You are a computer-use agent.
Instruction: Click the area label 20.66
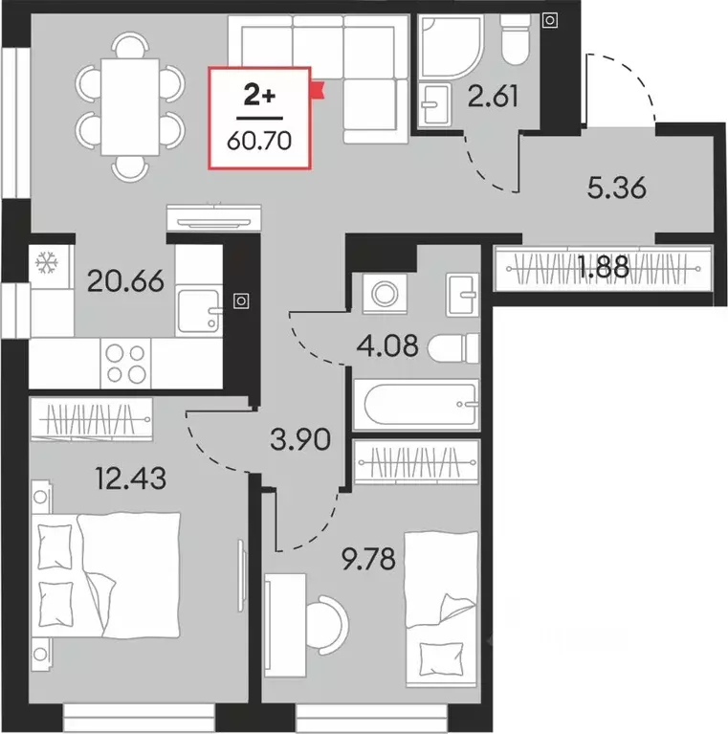coord(125,281)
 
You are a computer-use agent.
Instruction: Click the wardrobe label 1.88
coord(603,267)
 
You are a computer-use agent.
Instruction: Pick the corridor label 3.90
coord(300,439)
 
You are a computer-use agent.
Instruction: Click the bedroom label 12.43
coord(131,476)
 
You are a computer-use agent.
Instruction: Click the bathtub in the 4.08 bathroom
coord(415,406)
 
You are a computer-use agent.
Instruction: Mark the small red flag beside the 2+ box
coord(319,90)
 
